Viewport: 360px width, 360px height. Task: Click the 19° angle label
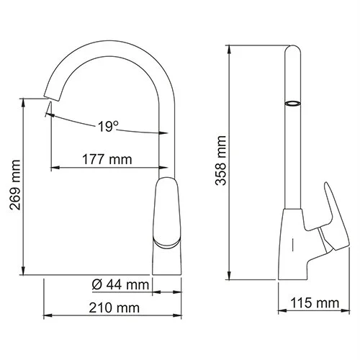pos(107,127)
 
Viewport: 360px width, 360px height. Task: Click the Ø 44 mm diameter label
pos(120,285)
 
